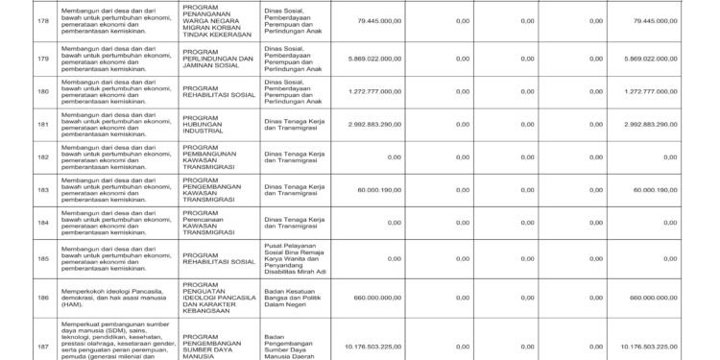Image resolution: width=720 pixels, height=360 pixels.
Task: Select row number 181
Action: [x=14, y=124]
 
